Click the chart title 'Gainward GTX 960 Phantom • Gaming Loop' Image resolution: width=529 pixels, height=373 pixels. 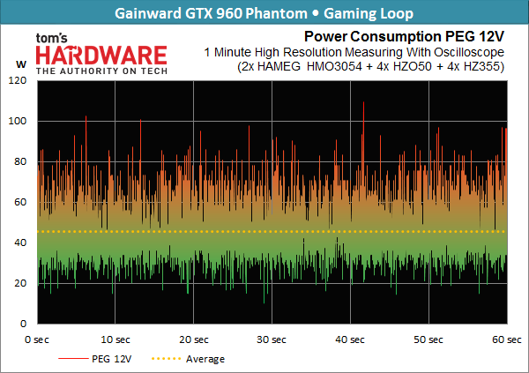[264, 13]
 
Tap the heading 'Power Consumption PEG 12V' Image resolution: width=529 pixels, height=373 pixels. [404, 37]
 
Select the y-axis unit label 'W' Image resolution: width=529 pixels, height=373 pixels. [19, 63]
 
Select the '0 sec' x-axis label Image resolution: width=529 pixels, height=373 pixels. [36, 339]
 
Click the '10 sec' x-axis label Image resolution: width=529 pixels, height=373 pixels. [115, 339]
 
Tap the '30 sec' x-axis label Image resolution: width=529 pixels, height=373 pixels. [272, 339]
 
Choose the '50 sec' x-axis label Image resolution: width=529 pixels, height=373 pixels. [428, 339]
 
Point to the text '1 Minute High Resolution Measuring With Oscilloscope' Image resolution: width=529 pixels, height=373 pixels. [353, 51]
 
